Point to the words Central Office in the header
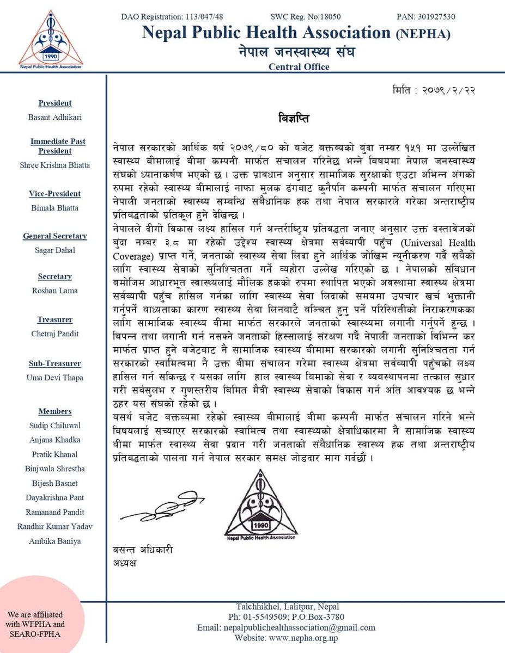tap(299, 67)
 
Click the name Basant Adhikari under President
tap(55, 116)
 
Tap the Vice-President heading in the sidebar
tap(55, 194)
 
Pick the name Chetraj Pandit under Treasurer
tap(55, 333)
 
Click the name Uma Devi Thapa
tap(55, 378)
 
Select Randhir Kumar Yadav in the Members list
tap(55, 527)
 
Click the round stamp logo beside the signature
tap(260, 504)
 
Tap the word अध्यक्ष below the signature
tap(123, 563)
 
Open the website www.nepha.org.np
tap(306, 638)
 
